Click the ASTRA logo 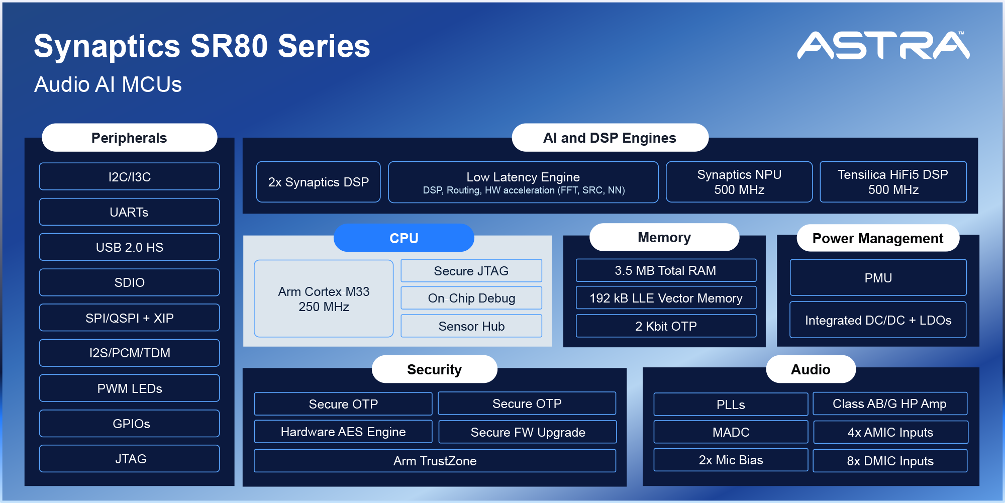click(883, 46)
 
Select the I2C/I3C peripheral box click(129, 177)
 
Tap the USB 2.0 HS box click(129, 247)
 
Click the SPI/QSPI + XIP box click(129, 318)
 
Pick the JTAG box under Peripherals click(129, 459)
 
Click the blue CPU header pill click(404, 238)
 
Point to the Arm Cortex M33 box click(324, 298)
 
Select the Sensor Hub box click(471, 326)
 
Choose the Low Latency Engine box click(523, 182)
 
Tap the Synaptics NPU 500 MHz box click(739, 182)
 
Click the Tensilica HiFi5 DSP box click(893, 182)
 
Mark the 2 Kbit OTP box click(666, 326)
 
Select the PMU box click(878, 278)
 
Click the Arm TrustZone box click(435, 461)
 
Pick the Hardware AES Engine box click(343, 432)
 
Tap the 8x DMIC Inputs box click(890, 461)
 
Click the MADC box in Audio click(731, 432)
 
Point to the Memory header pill click(664, 237)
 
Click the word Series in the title click(324, 46)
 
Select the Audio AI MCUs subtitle click(108, 84)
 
